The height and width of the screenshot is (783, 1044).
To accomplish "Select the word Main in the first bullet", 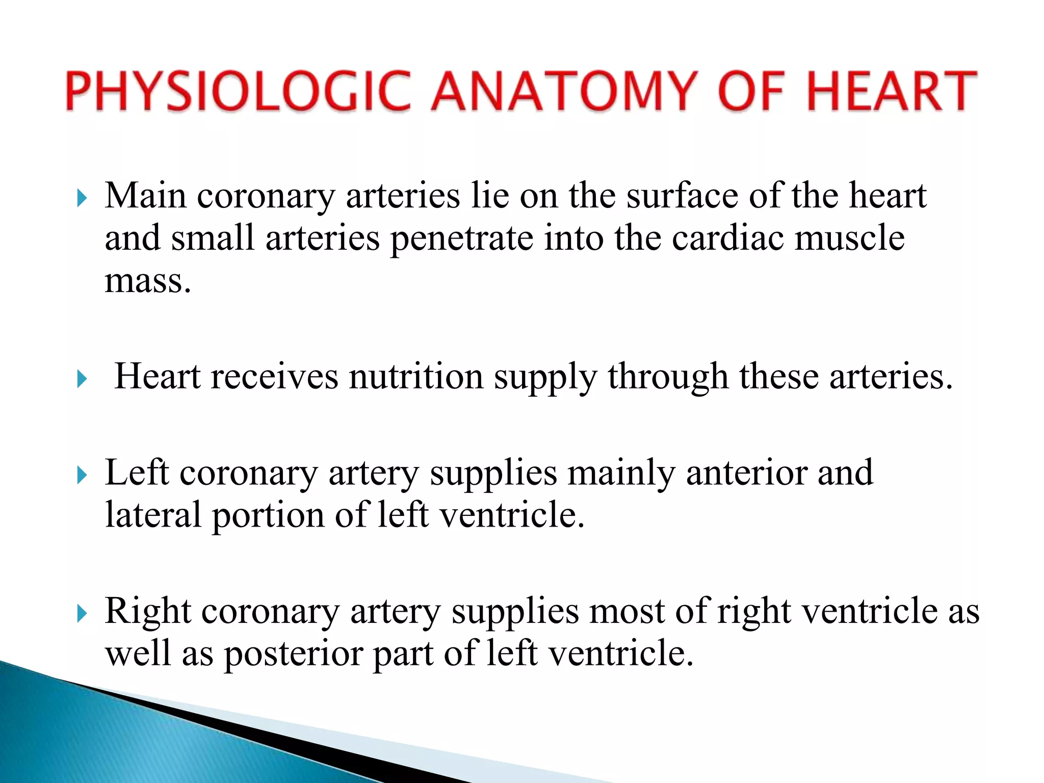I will click(x=145, y=196).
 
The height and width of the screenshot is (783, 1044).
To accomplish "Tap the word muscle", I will click(x=849, y=239).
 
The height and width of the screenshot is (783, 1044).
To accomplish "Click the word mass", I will click(x=148, y=281).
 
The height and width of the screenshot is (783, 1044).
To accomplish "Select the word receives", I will click(x=275, y=377).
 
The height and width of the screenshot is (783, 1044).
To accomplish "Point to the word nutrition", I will click(x=416, y=377).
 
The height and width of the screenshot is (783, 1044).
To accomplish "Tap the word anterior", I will click(x=746, y=473).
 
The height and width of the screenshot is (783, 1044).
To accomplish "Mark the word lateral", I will click(x=153, y=515).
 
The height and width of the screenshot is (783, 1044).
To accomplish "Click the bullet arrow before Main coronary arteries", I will click(x=82, y=198).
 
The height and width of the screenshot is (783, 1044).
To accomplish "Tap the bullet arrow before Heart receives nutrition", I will click(x=82, y=379).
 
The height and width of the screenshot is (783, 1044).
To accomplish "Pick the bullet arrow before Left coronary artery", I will click(x=82, y=475).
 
